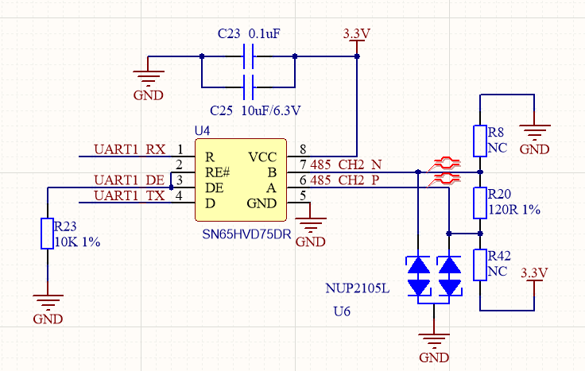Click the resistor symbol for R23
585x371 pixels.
click(x=47, y=234)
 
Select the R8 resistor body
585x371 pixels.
click(x=480, y=141)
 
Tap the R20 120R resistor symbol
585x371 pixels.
click(x=480, y=203)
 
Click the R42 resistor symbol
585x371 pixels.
click(x=480, y=265)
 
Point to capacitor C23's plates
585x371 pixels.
click(x=249, y=56)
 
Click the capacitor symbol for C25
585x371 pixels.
click(x=249, y=85)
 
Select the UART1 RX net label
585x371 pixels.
click(x=130, y=149)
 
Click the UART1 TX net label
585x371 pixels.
click(x=130, y=195)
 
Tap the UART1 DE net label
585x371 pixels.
click(x=130, y=180)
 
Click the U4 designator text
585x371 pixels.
click(x=203, y=130)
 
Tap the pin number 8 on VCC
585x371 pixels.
click(x=303, y=149)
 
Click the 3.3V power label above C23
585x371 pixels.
click(x=356, y=35)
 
